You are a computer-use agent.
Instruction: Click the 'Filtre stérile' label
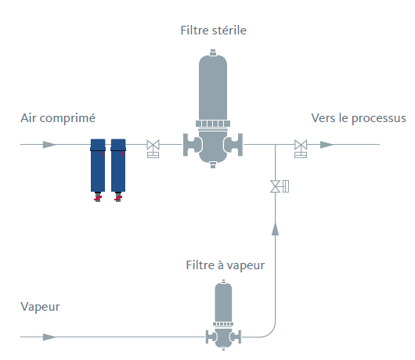[x=213, y=31]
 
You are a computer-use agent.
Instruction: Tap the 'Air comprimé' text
[x=58, y=118]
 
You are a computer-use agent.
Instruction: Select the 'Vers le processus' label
[x=359, y=118]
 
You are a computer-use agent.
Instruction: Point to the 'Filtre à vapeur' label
[x=226, y=265]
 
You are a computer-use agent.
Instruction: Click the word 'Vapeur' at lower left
[x=40, y=307]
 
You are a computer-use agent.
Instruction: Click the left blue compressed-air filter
[x=98, y=165]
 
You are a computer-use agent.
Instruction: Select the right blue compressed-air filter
[x=118, y=165]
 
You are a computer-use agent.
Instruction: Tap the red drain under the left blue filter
[x=98, y=197]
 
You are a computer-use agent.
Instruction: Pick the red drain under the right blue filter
[x=118, y=197]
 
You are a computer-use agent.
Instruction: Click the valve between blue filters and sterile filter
[x=153, y=148]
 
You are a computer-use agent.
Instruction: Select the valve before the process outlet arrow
[x=301, y=148]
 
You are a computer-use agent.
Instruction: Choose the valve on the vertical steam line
[x=280, y=186]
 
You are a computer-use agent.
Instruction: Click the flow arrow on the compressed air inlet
[x=49, y=145]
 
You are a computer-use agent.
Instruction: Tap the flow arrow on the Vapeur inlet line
[x=49, y=337]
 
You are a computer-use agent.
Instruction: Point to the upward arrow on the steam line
[x=276, y=229]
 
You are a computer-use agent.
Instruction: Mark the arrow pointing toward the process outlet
[x=327, y=145]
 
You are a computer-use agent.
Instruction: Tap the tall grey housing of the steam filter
[x=223, y=302]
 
